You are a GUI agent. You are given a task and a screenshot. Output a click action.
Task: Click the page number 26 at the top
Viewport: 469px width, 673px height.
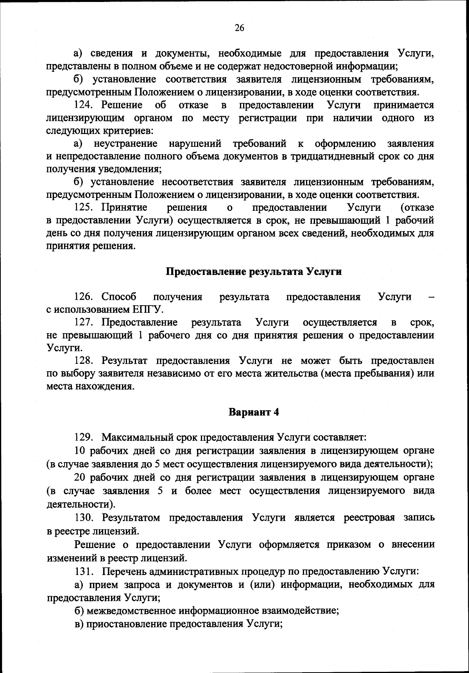click(239, 28)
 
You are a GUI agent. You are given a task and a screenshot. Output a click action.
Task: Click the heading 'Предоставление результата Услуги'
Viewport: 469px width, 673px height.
click(254, 271)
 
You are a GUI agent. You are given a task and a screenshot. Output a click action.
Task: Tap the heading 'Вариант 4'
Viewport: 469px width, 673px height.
click(254, 412)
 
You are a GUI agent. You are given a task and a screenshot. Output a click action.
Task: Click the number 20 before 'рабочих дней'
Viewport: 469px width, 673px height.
click(81, 477)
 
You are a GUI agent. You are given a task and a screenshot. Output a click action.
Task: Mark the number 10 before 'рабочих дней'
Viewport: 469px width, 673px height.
click(81, 450)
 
